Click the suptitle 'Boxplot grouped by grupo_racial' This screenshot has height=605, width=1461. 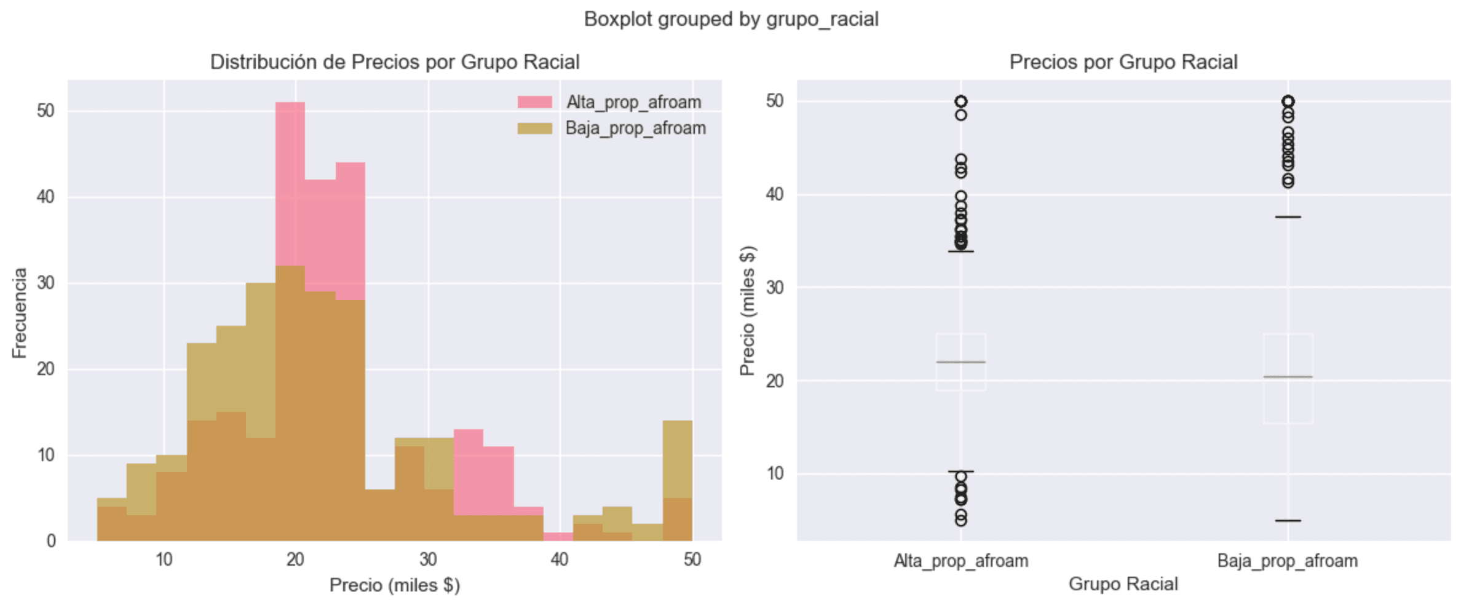[730, 19]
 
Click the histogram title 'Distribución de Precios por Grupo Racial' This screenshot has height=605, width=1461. [395, 62]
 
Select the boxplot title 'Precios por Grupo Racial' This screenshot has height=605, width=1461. [1123, 62]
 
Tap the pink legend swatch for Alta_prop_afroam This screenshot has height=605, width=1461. [534, 102]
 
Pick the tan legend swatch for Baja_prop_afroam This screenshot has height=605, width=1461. [534, 128]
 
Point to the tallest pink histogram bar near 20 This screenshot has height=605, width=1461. [290, 184]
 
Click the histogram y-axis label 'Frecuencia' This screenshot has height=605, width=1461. [20, 312]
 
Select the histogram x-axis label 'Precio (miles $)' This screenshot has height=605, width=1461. [395, 585]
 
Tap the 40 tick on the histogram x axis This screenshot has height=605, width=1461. [560, 560]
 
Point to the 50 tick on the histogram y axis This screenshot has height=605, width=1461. [46, 111]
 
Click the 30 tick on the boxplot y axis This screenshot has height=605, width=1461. [775, 287]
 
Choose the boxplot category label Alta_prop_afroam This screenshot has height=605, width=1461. [960, 561]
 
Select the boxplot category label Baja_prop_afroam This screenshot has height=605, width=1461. [1288, 561]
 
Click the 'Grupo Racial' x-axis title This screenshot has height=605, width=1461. [1123, 583]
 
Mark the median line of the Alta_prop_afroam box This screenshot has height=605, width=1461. [960, 362]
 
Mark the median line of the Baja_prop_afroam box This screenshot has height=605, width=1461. [1288, 377]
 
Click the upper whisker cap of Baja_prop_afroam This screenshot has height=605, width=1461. [1288, 217]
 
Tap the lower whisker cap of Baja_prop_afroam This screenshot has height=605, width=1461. [1288, 521]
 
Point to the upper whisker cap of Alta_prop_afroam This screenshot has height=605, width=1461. [960, 251]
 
